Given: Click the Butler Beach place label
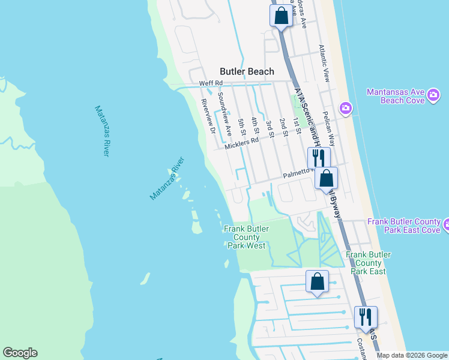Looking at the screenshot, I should tap(247, 71).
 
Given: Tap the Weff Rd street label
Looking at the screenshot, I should tap(211, 83).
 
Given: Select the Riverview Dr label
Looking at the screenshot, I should tap(208, 115).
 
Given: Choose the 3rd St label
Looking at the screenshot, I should tap(270, 129).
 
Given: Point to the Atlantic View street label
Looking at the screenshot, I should tap(325, 64).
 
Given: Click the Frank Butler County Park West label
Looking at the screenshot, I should tap(246, 237).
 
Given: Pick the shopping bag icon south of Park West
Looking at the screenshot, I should tap(317, 281).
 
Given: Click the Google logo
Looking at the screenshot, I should tap(20, 353).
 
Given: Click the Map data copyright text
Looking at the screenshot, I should tap(411, 355).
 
